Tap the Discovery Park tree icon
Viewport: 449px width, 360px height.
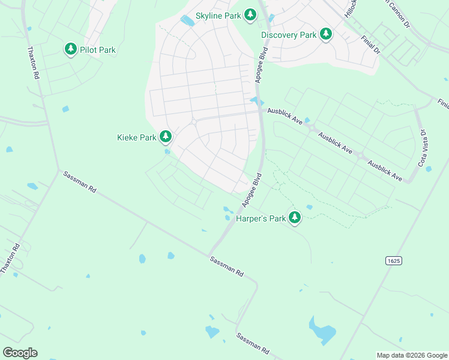(x=326, y=34)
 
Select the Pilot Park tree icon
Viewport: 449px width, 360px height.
(x=71, y=49)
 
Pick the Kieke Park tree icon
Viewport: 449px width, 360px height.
(x=166, y=137)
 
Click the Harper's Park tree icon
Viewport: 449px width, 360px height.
(x=294, y=218)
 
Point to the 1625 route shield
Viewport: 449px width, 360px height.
(x=394, y=260)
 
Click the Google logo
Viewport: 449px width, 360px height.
(x=20, y=353)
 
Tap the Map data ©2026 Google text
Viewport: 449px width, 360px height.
(x=411, y=355)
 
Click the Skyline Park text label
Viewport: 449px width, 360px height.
(x=218, y=16)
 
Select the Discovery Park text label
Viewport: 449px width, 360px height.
(x=289, y=35)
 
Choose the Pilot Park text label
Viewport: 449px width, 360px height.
(x=98, y=50)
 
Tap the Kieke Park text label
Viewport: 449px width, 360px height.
(x=136, y=137)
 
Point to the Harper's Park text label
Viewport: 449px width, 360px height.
(x=260, y=218)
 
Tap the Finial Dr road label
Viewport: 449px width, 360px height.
(x=371, y=45)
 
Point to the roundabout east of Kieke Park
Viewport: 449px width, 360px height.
(x=194, y=122)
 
